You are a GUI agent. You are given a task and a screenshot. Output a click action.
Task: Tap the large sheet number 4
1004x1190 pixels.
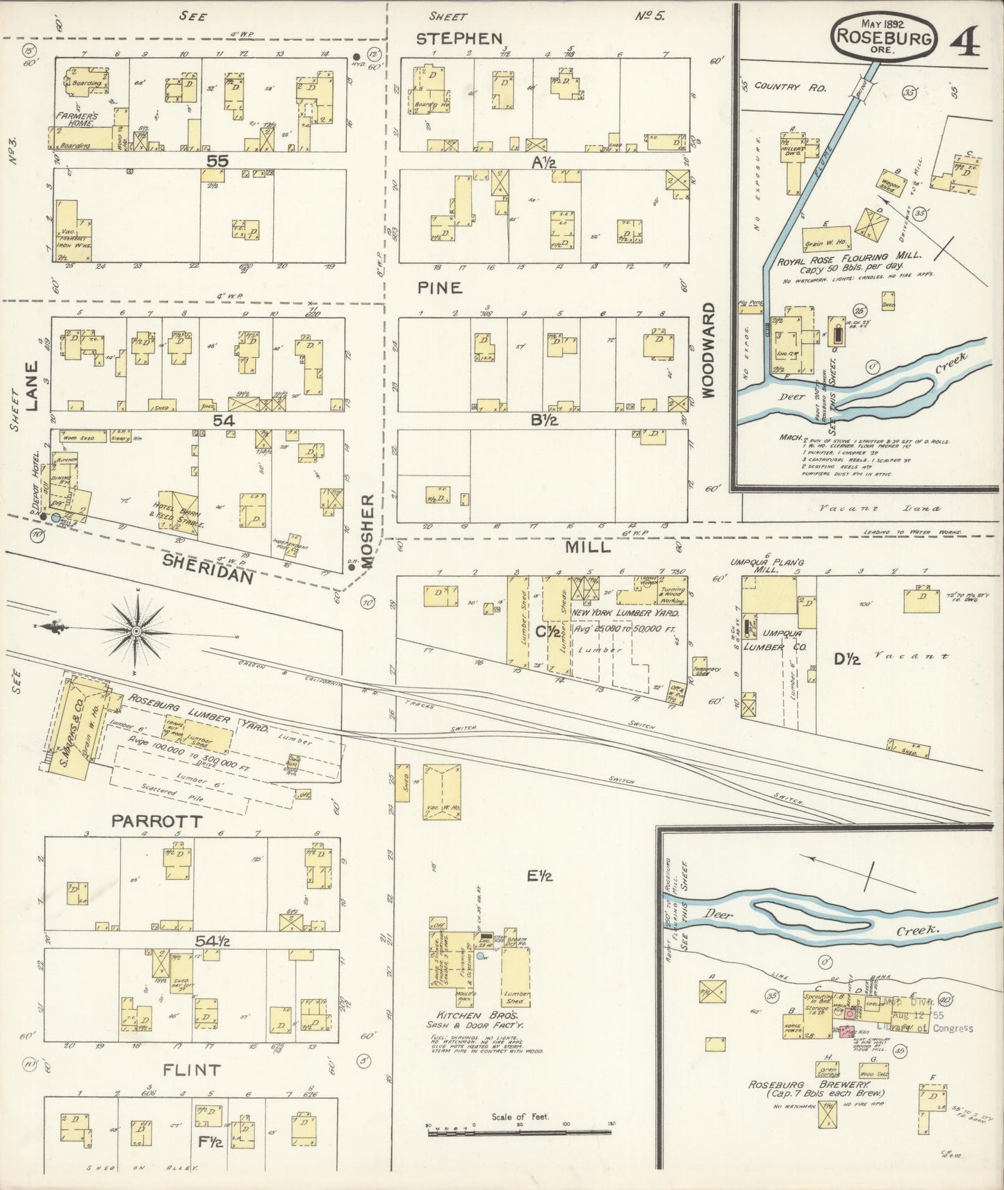966,42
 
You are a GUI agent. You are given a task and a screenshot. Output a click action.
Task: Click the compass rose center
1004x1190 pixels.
137,630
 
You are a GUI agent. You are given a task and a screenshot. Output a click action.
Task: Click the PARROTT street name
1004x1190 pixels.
157,821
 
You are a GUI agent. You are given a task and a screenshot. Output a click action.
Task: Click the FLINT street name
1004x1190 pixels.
192,1070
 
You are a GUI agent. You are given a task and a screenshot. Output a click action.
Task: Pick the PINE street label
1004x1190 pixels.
440,287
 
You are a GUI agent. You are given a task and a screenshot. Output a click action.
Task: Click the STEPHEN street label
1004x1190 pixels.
459,38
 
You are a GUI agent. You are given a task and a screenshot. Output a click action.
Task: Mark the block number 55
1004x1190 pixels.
217,160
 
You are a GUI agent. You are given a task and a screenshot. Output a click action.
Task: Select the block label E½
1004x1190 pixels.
538,876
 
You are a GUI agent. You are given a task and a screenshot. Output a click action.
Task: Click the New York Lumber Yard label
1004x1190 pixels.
624,613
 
